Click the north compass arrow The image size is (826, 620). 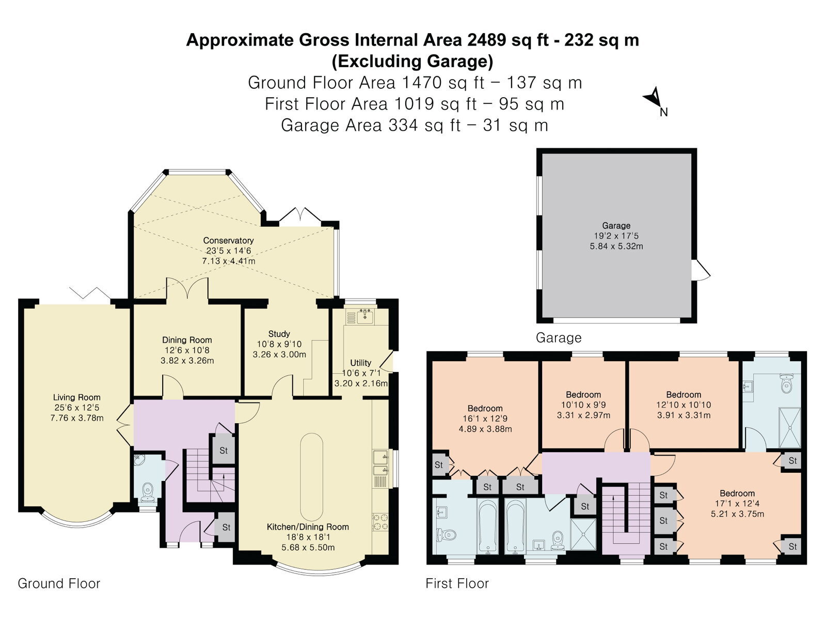(655, 98)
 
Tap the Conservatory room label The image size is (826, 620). (228, 240)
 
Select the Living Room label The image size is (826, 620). (76, 397)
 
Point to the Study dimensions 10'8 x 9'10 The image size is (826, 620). (279, 344)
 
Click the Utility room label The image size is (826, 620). (360, 363)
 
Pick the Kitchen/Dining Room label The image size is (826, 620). (308, 527)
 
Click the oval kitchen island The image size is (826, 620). (311, 477)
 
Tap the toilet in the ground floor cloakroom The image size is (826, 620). (148, 492)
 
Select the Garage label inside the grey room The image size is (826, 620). (616, 225)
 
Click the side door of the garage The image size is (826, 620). (701, 270)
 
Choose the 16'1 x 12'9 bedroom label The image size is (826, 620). (485, 419)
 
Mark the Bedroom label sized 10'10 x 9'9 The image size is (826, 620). (583, 395)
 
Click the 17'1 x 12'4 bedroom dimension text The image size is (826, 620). (737, 504)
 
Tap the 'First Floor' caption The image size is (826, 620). (457, 583)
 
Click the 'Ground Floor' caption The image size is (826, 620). (59, 583)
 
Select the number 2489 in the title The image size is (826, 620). (487, 40)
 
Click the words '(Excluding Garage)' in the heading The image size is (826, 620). (412, 61)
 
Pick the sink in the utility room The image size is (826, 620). (364, 317)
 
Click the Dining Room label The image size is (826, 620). (187, 340)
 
